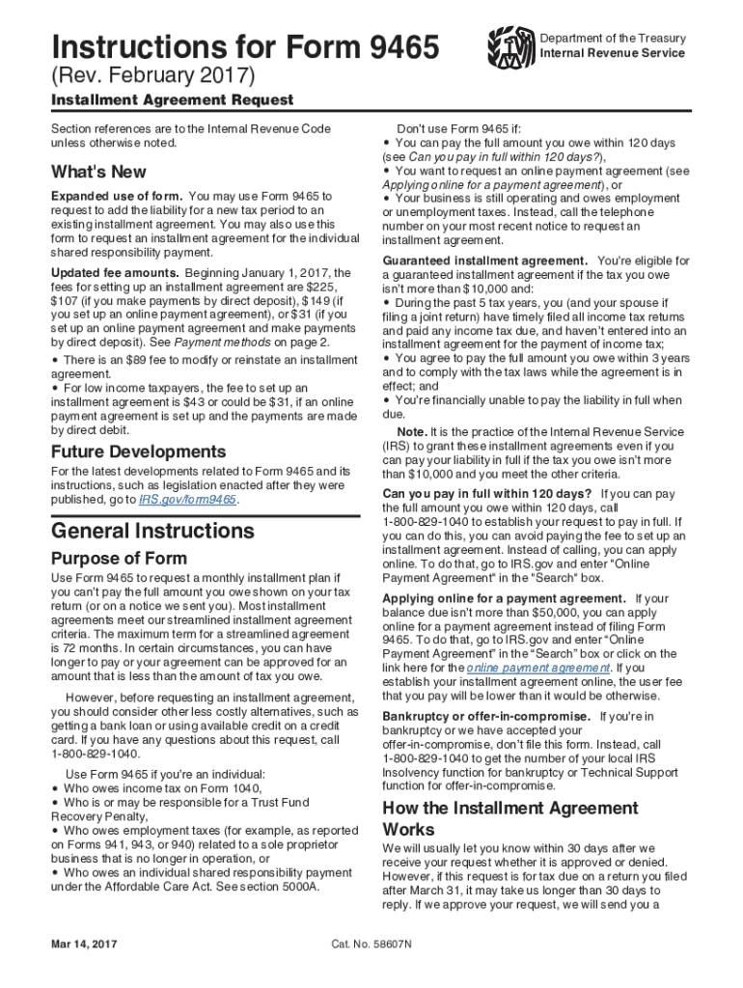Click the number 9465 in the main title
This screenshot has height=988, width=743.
pos(397,45)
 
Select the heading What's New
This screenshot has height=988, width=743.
pos(98,172)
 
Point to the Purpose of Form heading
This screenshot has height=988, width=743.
pos(119,559)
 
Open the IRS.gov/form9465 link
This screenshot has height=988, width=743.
pos(188,500)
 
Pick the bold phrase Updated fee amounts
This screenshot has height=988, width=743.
pos(115,273)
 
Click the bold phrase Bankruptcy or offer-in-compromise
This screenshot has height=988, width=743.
pos(486,716)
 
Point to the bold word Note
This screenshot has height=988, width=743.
pos(412,430)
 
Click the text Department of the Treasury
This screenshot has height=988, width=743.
pos(613,39)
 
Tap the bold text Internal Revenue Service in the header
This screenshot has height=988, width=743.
pos(613,53)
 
